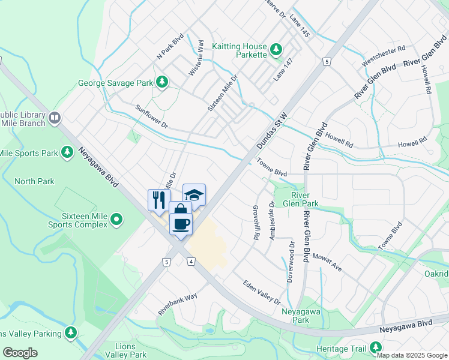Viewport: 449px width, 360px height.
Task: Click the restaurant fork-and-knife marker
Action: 159,199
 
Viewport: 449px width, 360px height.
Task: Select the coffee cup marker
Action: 181,224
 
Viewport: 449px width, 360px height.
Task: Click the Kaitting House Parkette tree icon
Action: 276,49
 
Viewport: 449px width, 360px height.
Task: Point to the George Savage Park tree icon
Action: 161,82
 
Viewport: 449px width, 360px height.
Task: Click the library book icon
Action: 55,118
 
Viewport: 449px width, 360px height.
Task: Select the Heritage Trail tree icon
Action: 376,347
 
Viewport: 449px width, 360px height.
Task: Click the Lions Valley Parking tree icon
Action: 71,332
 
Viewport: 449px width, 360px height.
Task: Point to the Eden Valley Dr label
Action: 262,292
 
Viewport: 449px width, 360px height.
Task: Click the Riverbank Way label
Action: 178,304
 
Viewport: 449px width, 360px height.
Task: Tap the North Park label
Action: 34,181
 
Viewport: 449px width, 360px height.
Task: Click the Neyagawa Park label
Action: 295,316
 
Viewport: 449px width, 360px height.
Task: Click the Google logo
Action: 20,352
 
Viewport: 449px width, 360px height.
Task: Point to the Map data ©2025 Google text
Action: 412,355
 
